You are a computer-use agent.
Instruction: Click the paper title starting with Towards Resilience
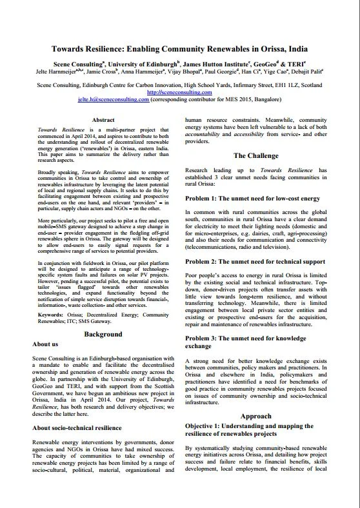[x=180, y=48]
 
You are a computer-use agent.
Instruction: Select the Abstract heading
[x=103, y=120]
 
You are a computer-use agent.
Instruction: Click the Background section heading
[x=103, y=335]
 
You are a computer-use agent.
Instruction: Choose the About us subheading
[x=49, y=344]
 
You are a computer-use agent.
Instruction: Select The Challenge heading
[x=256, y=155]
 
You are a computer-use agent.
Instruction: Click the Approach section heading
[x=256, y=416]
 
